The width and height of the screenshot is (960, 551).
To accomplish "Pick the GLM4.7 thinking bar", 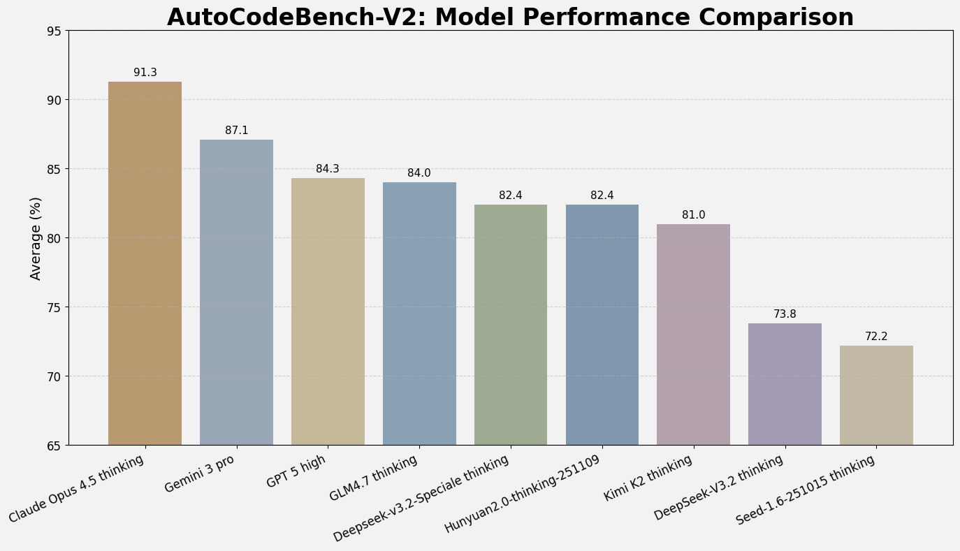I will (419, 314).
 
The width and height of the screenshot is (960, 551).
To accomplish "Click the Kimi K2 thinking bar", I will (693, 335).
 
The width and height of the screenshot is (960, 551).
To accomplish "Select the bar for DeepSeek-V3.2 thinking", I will (785, 384).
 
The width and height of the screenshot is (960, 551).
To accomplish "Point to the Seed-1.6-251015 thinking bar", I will (876, 395).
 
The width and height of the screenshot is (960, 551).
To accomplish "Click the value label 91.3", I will (145, 73).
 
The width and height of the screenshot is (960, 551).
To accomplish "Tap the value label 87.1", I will (237, 131).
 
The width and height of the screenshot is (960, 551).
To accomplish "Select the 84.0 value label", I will (419, 173).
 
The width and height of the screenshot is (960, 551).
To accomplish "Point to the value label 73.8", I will (785, 314).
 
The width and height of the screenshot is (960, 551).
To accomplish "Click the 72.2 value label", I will (876, 337).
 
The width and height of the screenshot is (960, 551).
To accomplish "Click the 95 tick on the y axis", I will (54, 31).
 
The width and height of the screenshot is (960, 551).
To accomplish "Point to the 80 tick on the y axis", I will (54, 238).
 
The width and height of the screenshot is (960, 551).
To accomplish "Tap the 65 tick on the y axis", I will (54, 446).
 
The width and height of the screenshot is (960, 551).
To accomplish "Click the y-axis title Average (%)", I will (36, 238).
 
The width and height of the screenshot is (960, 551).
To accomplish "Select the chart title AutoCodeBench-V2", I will (510, 17).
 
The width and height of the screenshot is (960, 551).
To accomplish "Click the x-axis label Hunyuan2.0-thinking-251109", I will (523, 494).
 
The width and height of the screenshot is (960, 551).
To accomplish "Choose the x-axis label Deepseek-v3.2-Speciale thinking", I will (421, 497).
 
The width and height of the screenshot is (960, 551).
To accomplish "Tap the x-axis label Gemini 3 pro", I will (200, 473).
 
